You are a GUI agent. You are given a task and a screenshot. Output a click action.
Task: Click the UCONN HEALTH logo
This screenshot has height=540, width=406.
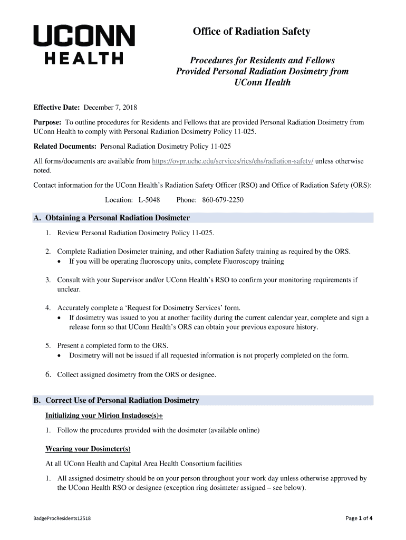coord(84,45)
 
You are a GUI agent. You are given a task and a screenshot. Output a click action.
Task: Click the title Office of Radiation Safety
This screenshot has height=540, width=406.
coord(251,32)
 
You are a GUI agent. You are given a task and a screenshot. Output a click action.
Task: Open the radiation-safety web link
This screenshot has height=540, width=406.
coord(232,161)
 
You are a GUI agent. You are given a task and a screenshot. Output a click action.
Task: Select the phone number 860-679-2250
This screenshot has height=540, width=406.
coord(223,200)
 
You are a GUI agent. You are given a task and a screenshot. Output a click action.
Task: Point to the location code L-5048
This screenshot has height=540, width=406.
coord(149,200)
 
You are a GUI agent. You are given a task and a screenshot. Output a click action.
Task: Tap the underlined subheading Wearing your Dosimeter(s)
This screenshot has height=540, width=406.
coord(88,449)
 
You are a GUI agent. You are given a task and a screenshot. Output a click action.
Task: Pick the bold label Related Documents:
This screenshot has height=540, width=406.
coord(65,146)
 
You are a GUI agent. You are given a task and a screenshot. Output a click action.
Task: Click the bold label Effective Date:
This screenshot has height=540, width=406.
coord(56,108)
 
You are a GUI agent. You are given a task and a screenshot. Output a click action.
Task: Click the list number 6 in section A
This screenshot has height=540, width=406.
coord(47,375)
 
